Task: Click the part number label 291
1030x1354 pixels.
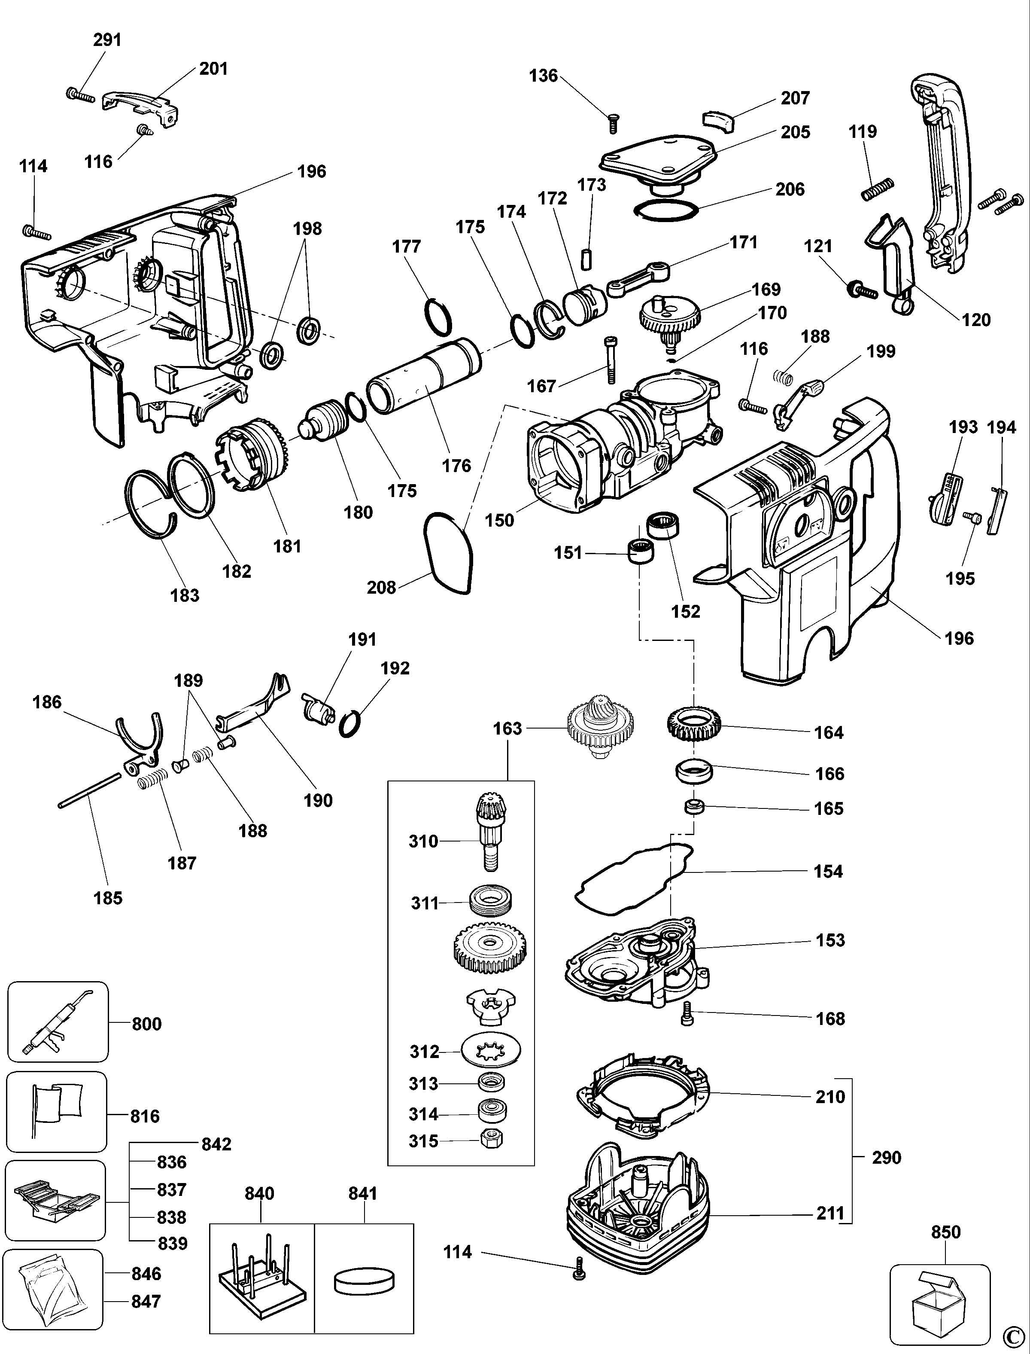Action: (107, 40)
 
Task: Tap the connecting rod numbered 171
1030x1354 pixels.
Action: (638, 278)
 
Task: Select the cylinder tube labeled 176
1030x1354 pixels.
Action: (424, 377)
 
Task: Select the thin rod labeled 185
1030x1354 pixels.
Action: (90, 791)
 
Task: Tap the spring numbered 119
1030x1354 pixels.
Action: (877, 189)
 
